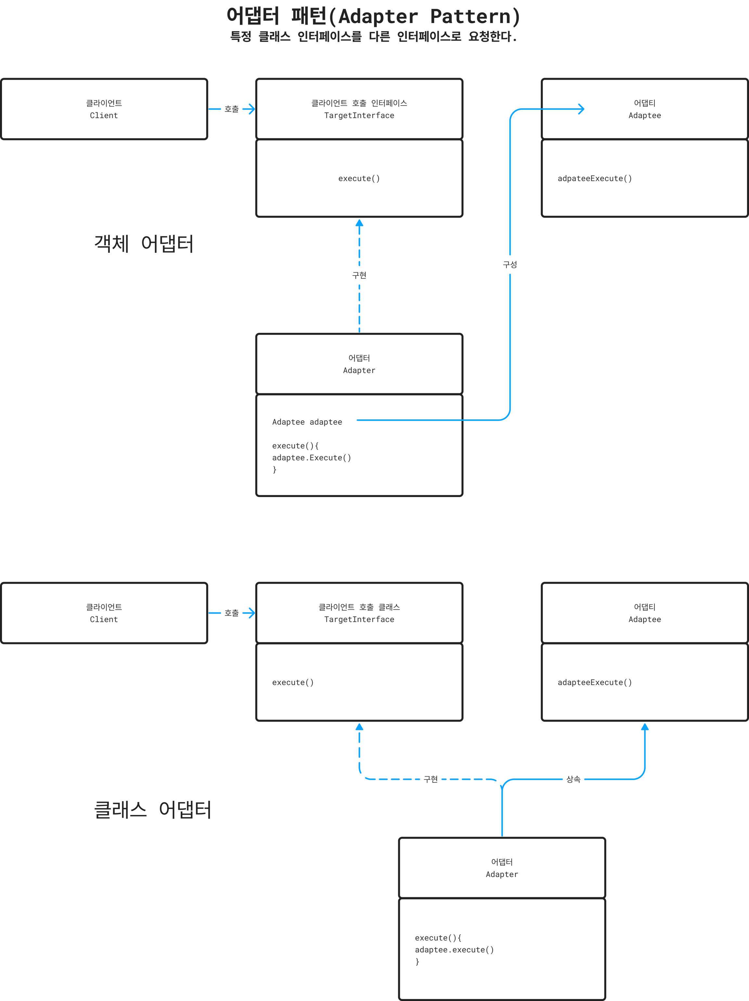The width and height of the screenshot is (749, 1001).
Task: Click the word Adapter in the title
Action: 378,17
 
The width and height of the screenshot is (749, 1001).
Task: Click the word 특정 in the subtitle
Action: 241,37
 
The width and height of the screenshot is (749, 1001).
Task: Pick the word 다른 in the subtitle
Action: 379,37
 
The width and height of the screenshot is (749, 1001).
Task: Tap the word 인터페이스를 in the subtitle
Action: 329,37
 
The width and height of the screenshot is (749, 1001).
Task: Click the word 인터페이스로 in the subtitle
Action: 429,37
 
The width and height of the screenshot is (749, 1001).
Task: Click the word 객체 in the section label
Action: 111,244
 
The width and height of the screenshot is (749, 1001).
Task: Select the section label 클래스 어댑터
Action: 152,810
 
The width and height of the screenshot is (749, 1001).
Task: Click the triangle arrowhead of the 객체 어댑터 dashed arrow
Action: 360,223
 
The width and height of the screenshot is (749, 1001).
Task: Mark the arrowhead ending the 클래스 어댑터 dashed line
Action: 360,727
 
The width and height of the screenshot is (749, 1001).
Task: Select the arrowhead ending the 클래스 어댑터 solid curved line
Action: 645,727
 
